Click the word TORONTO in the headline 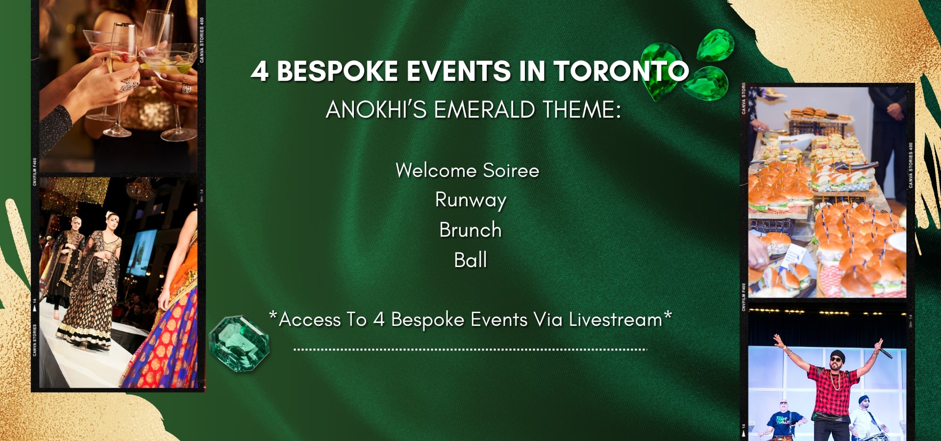coord(621,72)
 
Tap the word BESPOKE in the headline coord(338,72)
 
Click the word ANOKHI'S coord(376,109)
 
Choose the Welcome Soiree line coord(468,171)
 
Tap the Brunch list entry coord(470,230)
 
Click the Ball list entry coord(470,260)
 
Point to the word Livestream coord(616,319)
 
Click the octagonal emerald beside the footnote coord(239,343)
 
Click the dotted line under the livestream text coord(470,349)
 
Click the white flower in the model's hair coord(109,215)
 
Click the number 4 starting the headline coord(260,72)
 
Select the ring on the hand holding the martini coord(187,89)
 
